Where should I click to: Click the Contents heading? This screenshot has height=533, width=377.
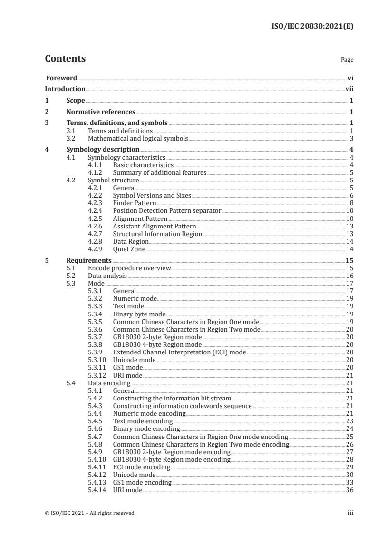(65, 59)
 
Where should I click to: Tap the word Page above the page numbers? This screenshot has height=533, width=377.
(347, 60)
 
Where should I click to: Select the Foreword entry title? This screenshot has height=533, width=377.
(61, 78)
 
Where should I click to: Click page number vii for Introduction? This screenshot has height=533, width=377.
(349, 89)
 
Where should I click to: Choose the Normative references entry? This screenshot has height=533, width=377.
(101, 112)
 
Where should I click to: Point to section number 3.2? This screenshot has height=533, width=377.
(71, 139)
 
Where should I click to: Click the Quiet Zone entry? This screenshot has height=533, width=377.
(129, 249)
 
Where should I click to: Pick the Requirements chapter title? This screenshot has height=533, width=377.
(89, 260)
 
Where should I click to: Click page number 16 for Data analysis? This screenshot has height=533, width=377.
(349, 276)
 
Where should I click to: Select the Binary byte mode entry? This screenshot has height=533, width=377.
(139, 314)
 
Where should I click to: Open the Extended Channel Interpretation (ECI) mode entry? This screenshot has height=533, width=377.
(179, 352)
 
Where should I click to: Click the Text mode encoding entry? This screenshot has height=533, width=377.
(143, 421)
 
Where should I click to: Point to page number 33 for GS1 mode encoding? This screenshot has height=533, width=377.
(349, 482)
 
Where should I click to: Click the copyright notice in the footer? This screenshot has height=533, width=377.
(89, 513)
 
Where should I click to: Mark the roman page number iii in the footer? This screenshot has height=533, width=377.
(350, 513)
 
